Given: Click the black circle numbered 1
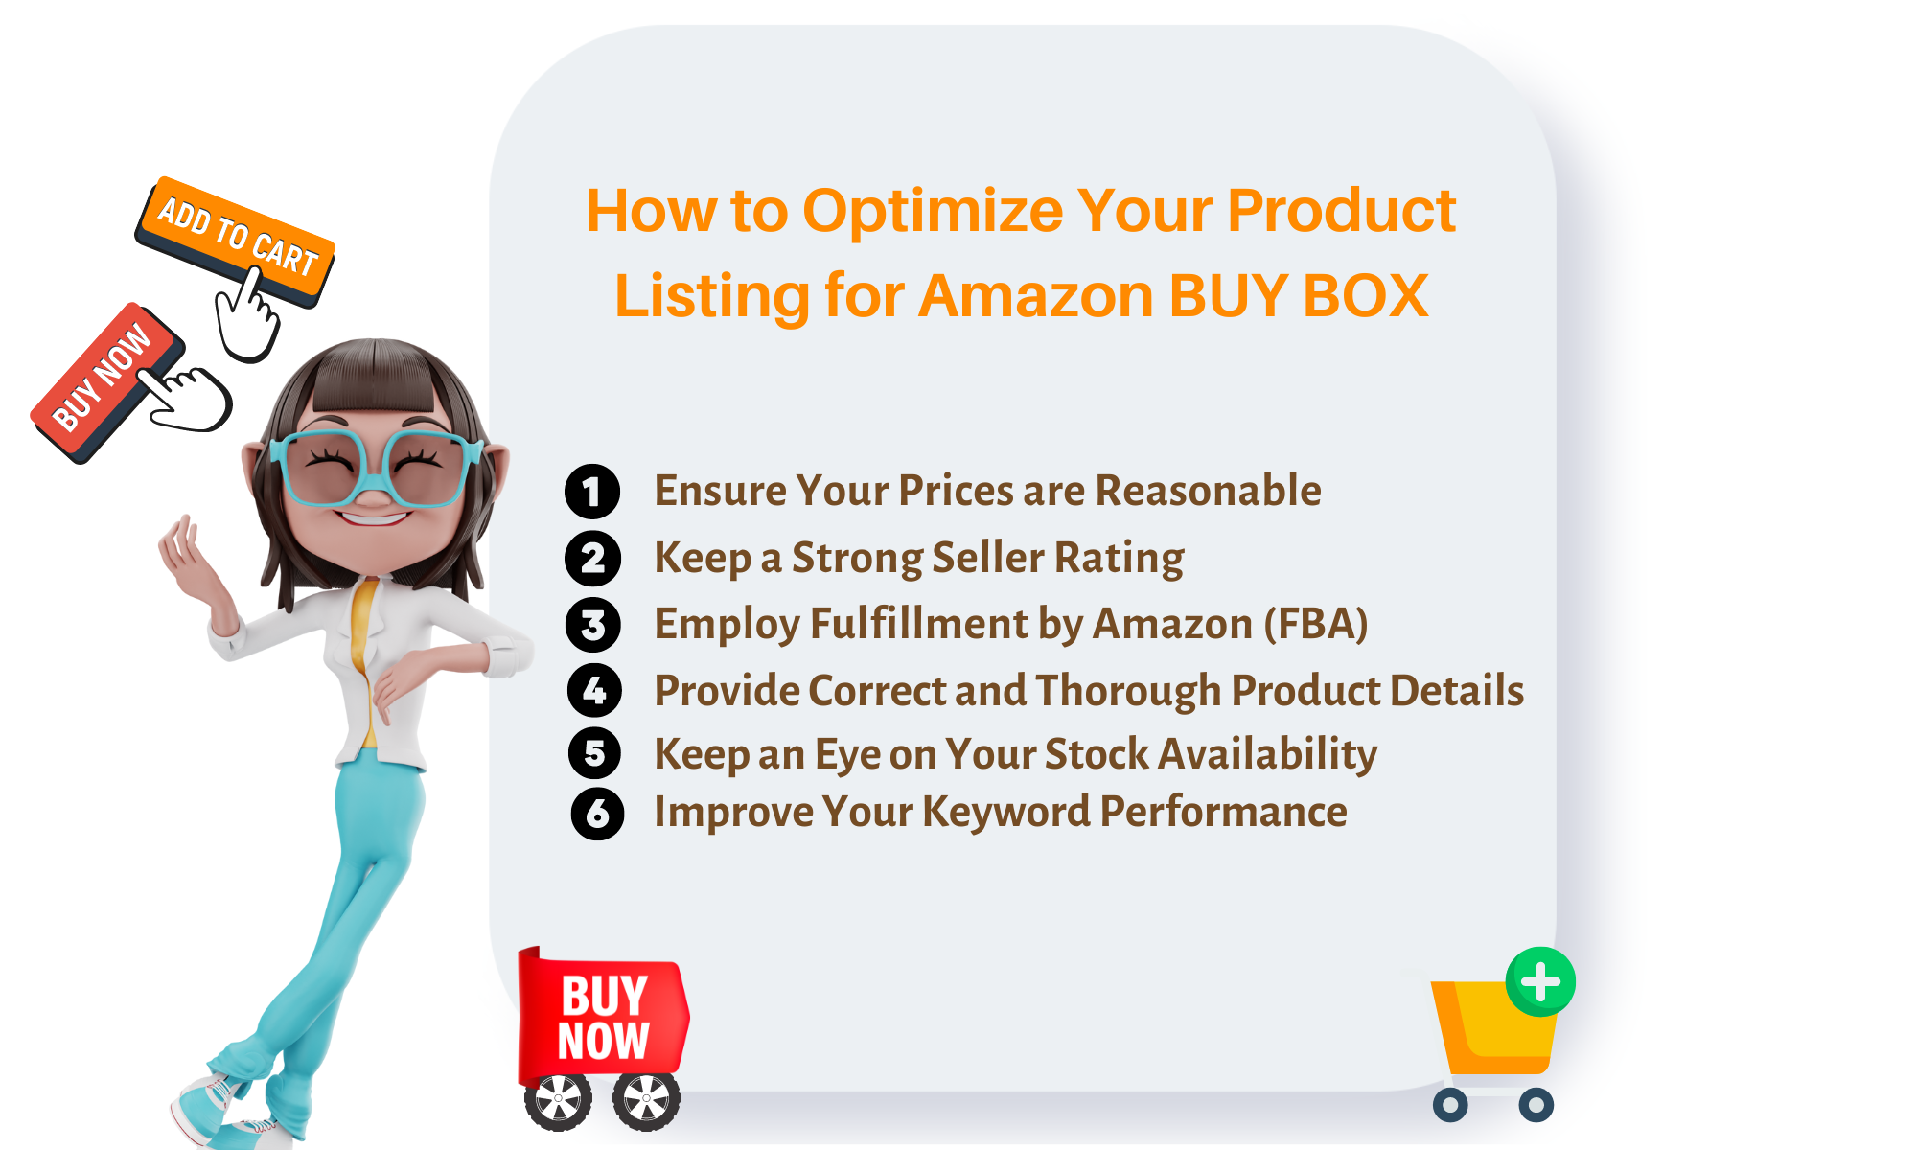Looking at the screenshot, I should [x=592, y=492].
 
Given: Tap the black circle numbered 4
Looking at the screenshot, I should [x=594, y=690].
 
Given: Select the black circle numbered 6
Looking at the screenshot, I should [x=597, y=814].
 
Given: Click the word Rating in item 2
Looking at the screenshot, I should [x=1119, y=558].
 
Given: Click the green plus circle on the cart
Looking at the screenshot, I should [x=1540, y=981].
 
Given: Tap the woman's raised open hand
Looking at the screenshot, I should [x=188, y=556].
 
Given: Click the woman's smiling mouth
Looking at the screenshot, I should [x=374, y=517].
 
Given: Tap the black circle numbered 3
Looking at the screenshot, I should [x=593, y=625].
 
